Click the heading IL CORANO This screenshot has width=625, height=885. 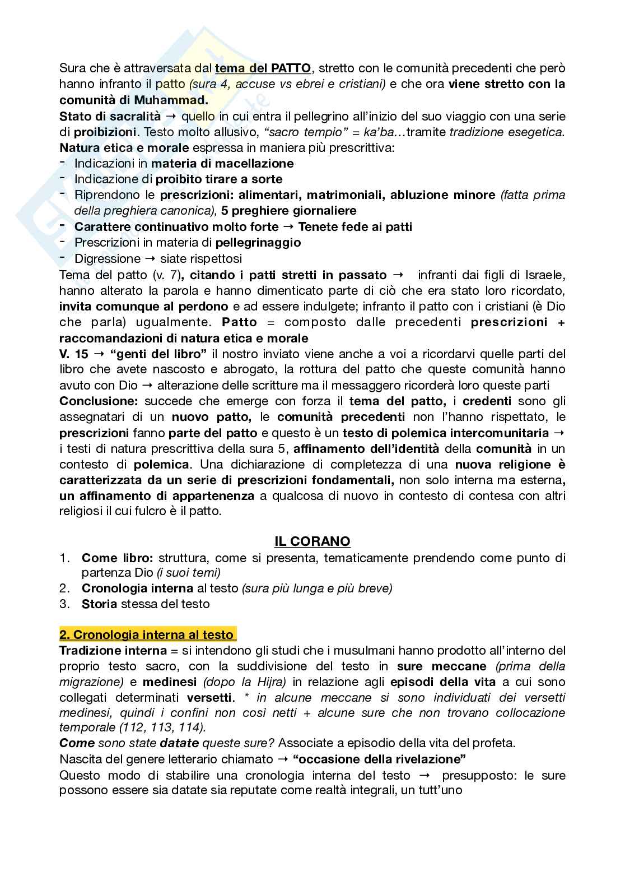click(x=312, y=541)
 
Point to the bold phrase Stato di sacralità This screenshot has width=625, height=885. click(x=110, y=116)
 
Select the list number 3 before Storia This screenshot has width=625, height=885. click(x=64, y=604)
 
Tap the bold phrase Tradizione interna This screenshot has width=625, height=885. click(x=113, y=650)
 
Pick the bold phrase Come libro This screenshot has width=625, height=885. click(x=117, y=558)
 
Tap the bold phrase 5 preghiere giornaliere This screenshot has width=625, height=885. click(x=288, y=211)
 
